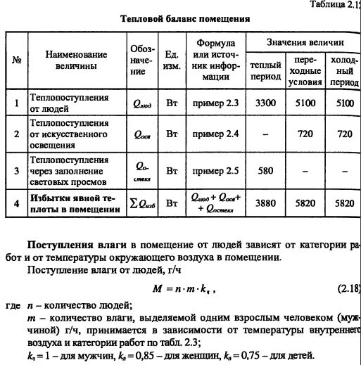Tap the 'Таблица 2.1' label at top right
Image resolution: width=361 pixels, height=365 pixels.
[334, 5]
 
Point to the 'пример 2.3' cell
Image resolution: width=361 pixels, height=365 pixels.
[215, 103]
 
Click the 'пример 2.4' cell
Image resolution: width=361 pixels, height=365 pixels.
[215, 134]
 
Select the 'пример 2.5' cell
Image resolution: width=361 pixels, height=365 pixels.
[215, 170]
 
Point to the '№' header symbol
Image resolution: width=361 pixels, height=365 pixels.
[16, 59]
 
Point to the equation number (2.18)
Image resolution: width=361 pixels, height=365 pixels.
[346, 288]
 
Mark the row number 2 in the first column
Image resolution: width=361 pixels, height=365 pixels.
[16, 134]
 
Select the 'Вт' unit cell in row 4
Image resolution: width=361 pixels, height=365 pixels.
[170, 203]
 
